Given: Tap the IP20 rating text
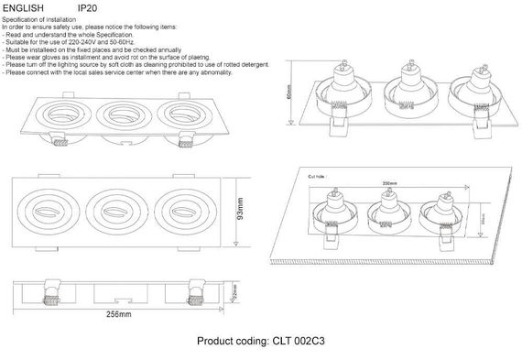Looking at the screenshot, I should click(90, 7).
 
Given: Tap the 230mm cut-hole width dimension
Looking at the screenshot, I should click(388, 184).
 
